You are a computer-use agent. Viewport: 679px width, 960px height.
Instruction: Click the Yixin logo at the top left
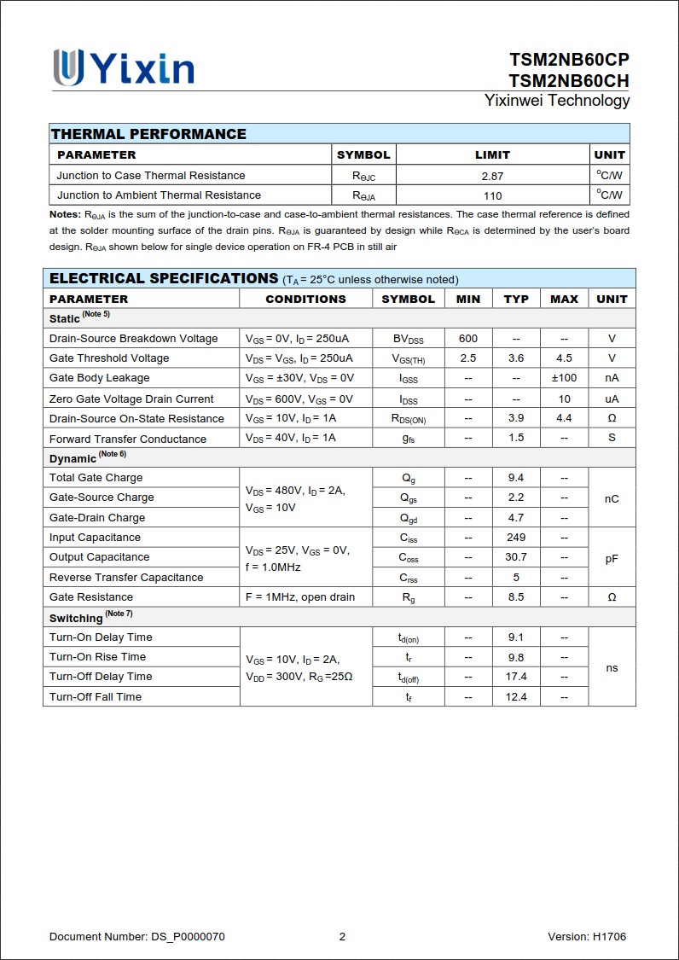click(124, 67)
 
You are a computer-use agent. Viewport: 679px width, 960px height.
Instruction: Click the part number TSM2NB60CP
click(569, 60)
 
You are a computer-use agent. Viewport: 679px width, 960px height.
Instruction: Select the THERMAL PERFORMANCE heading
click(148, 134)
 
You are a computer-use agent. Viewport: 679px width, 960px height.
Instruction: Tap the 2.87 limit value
click(492, 176)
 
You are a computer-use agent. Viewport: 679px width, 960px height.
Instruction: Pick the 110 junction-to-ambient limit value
click(492, 195)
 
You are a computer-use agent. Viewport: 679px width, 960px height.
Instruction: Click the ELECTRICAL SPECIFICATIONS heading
click(164, 279)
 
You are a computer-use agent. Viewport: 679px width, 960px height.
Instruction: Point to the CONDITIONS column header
click(305, 300)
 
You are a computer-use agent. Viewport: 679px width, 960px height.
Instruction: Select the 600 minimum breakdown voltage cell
click(467, 339)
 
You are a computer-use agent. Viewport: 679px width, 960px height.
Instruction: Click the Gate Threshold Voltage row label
click(109, 358)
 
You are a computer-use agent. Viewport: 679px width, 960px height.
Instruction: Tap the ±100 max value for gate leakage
click(564, 378)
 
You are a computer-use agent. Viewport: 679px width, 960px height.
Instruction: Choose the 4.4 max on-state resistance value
click(564, 418)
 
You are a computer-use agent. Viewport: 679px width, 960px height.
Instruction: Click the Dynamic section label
click(73, 458)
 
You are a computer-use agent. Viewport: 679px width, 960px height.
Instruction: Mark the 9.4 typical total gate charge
click(515, 478)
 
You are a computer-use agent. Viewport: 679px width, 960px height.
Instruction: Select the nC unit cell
click(612, 498)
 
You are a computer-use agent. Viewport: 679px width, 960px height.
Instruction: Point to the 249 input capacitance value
click(515, 538)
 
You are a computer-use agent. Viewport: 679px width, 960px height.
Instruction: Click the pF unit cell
click(612, 558)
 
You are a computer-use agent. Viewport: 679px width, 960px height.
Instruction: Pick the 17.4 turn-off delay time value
click(516, 677)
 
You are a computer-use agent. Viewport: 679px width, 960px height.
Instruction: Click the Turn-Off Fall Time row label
click(96, 697)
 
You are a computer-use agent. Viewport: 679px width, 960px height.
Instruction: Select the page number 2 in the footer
click(342, 937)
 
